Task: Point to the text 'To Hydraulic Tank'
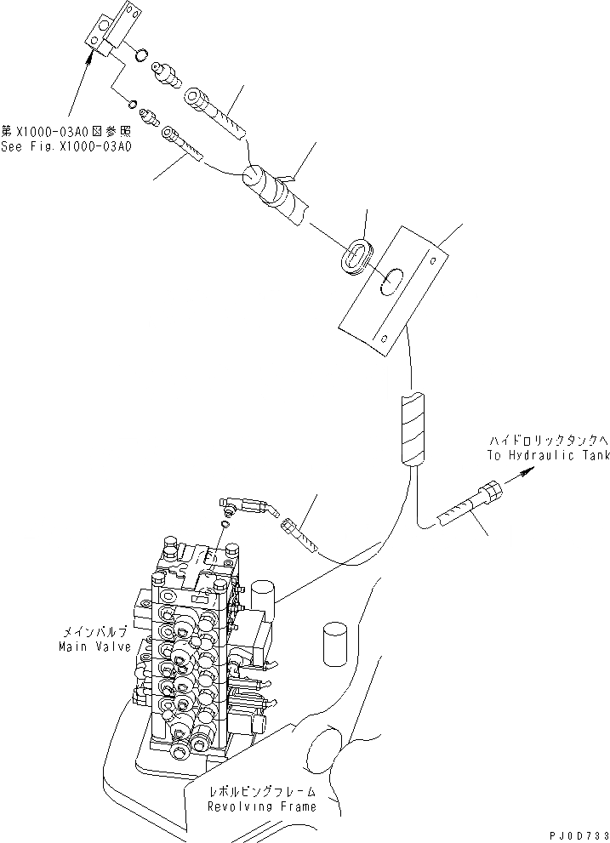point(548,456)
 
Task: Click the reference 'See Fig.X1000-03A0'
point(66,145)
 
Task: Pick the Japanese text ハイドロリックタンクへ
point(549,441)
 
